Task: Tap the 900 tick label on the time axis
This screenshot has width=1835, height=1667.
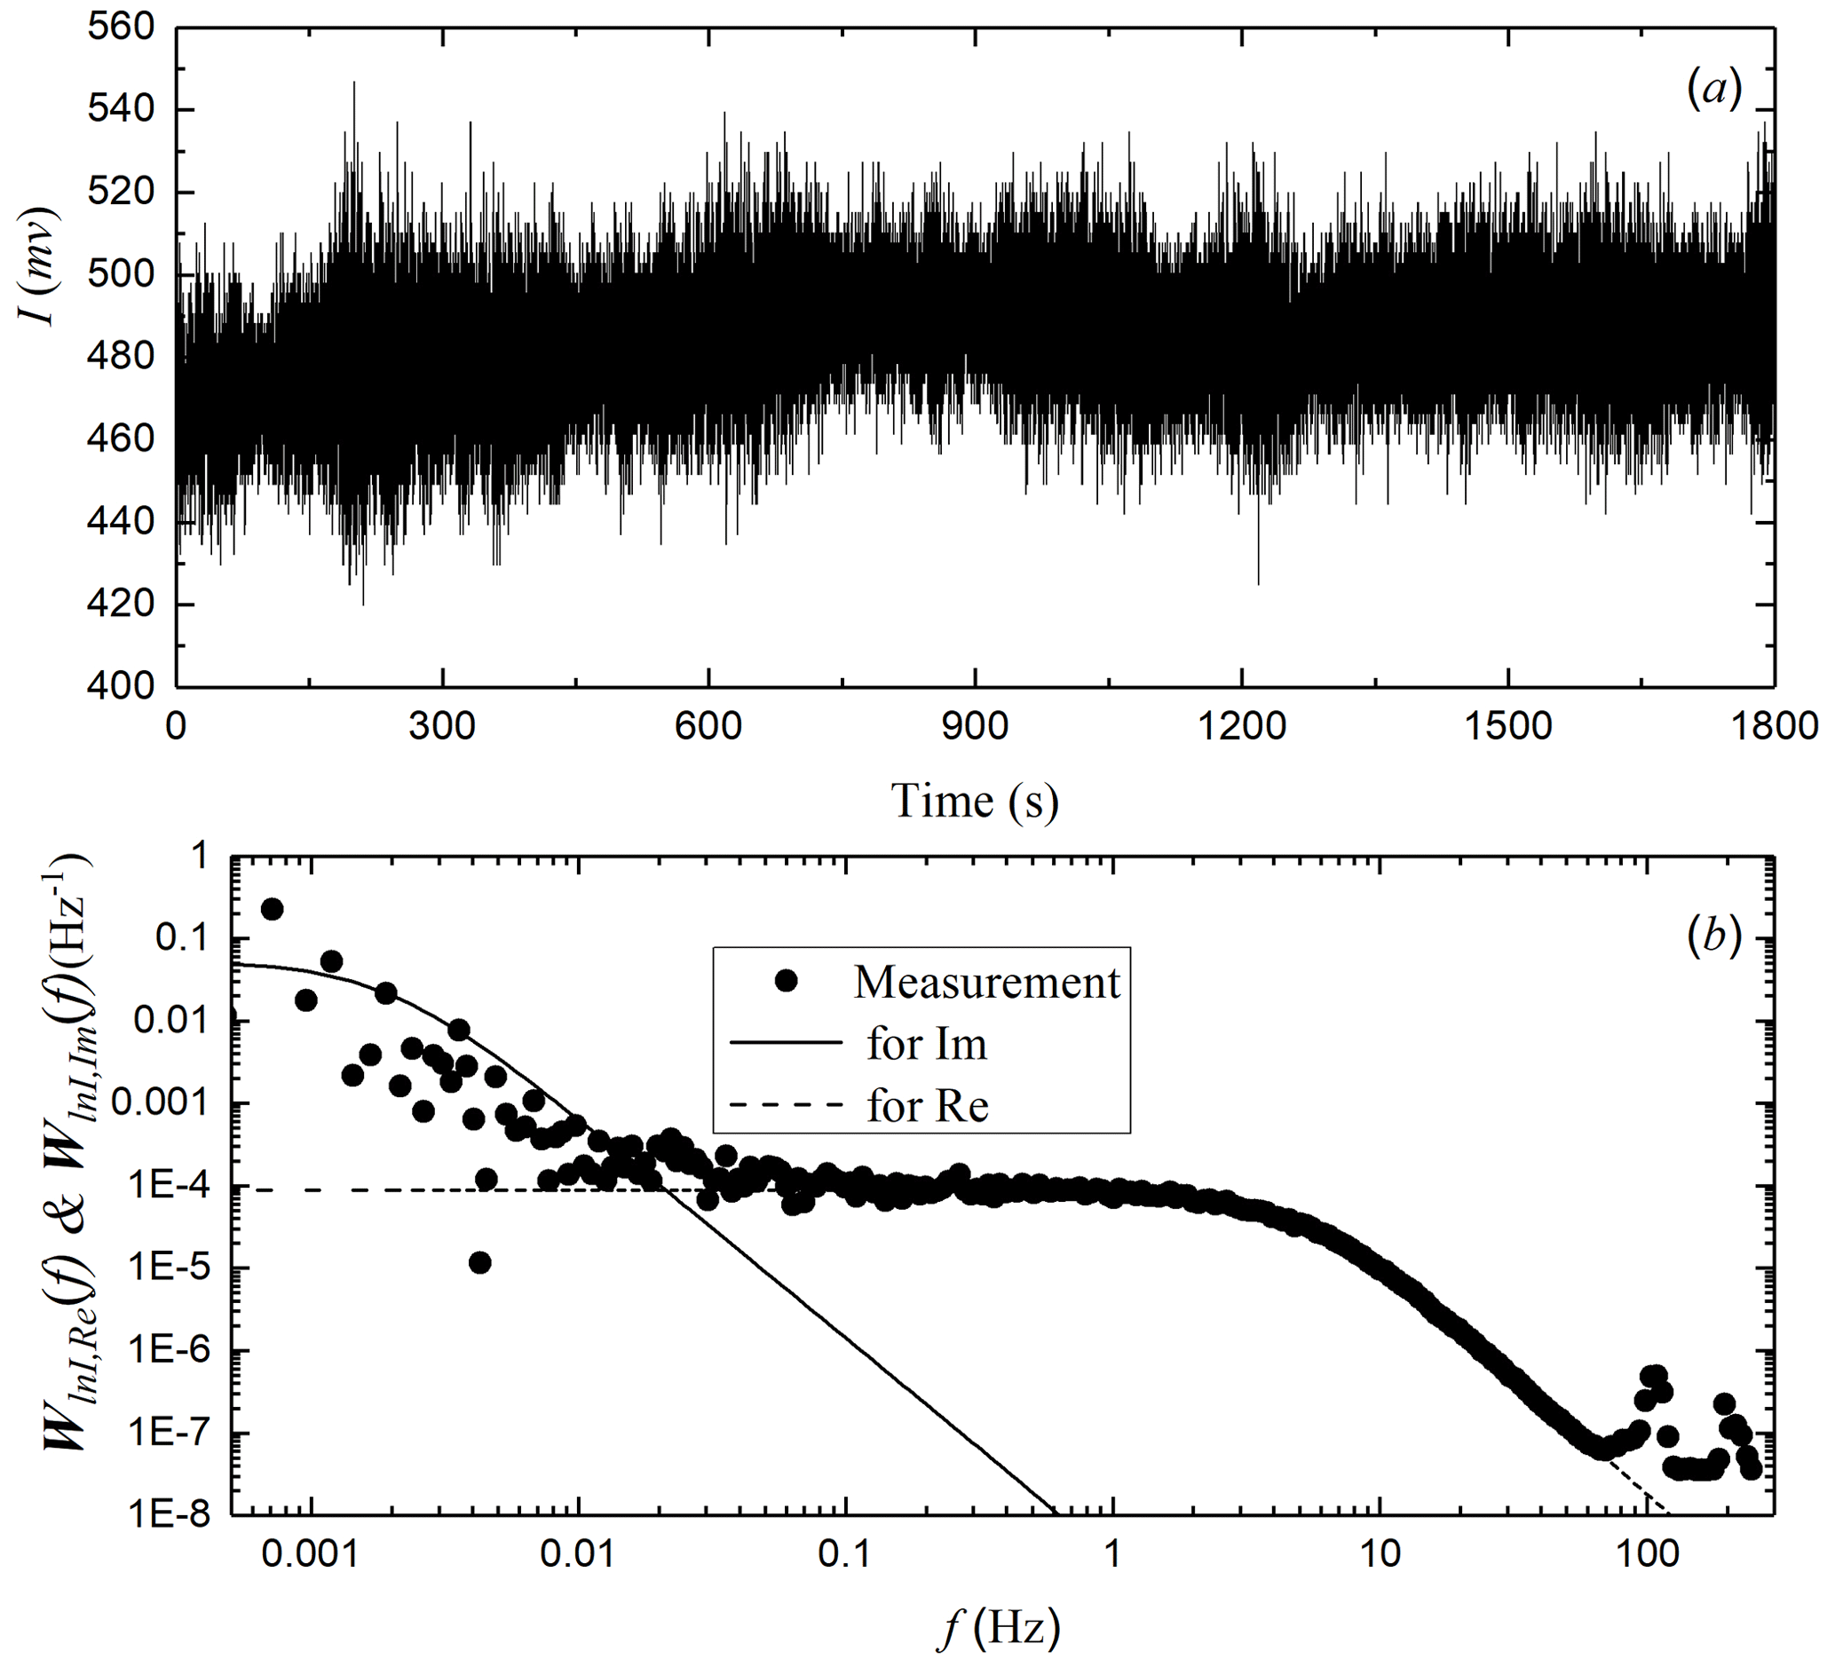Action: [x=974, y=728]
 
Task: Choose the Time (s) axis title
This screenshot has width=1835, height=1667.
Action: [x=975, y=802]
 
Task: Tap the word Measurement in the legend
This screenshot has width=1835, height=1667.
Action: [x=986, y=982]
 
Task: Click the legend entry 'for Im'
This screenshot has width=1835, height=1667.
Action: [x=927, y=1044]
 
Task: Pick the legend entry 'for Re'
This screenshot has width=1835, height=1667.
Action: [x=927, y=1107]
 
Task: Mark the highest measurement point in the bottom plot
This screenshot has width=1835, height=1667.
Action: [x=272, y=908]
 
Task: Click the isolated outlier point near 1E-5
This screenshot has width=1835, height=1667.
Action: [x=480, y=1262]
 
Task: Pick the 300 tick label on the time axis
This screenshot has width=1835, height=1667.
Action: [x=441, y=728]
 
